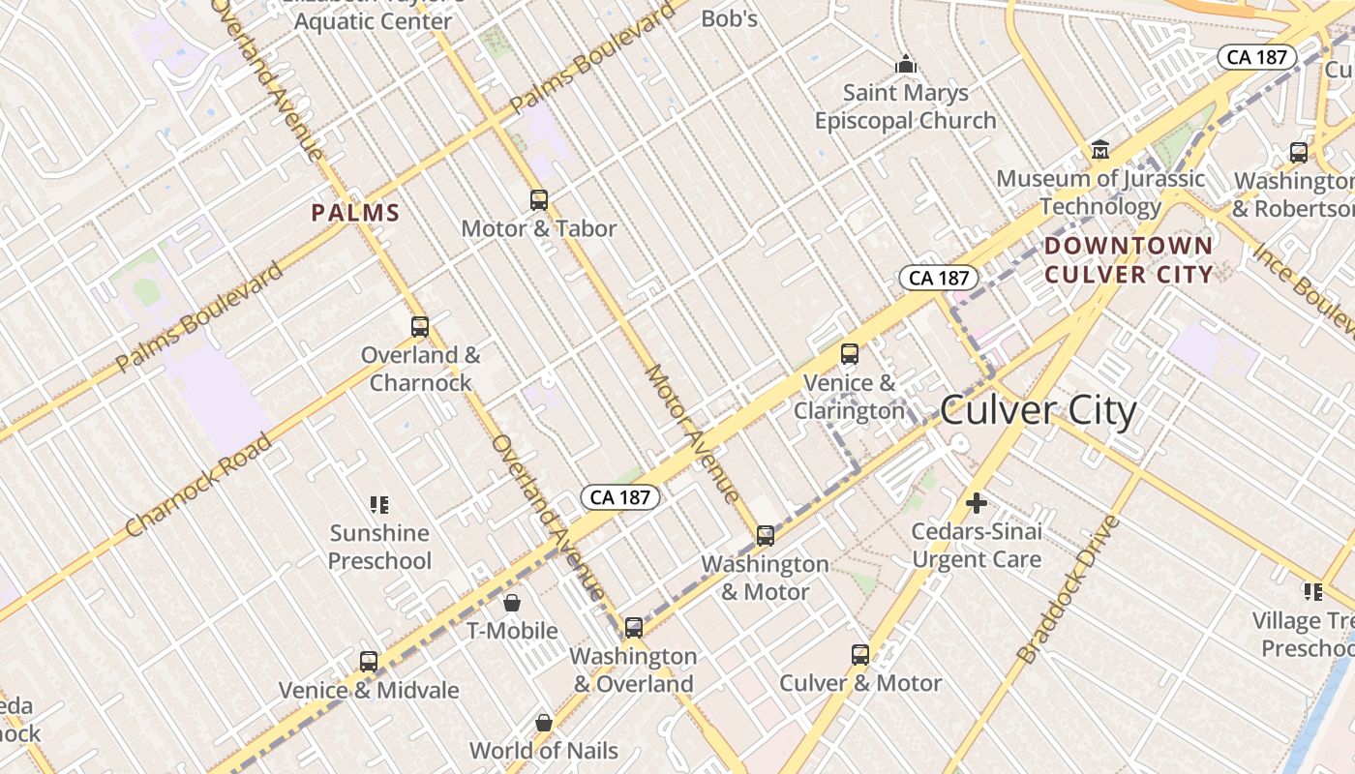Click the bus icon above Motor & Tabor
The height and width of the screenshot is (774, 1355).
(x=539, y=200)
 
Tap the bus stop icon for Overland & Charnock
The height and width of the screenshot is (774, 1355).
(x=419, y=327)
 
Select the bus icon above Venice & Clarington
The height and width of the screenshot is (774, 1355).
(x=850, y=354)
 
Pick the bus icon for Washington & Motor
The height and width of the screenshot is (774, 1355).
(x=766, y=535)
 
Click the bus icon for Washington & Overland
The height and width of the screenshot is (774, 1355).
(x=634, y=628)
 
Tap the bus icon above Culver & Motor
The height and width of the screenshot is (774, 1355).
(x=860, y=655)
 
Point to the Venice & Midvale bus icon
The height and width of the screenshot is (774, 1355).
(x=369, y=662)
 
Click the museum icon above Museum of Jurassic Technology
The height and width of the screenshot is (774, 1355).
(x=1100, y=150)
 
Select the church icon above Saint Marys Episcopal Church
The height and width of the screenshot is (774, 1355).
(x=906, y=65)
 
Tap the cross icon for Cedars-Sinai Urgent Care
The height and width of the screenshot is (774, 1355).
(x=977, y=503)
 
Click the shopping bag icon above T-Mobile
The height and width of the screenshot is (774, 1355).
(x=512, y=603)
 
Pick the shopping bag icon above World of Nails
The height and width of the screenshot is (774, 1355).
(x=544, y=722)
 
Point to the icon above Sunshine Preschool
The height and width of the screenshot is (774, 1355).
(x=379, y=504)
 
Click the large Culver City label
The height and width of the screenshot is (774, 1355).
(x=1039, y=411)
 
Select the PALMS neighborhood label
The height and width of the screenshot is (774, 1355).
(x=355, y=213)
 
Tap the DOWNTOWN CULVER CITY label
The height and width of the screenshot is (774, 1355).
(x=1129, y=260)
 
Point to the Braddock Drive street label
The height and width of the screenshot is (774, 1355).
(x=1069, y=589)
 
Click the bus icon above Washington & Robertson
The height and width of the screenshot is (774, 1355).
(x=1299, y=153)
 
